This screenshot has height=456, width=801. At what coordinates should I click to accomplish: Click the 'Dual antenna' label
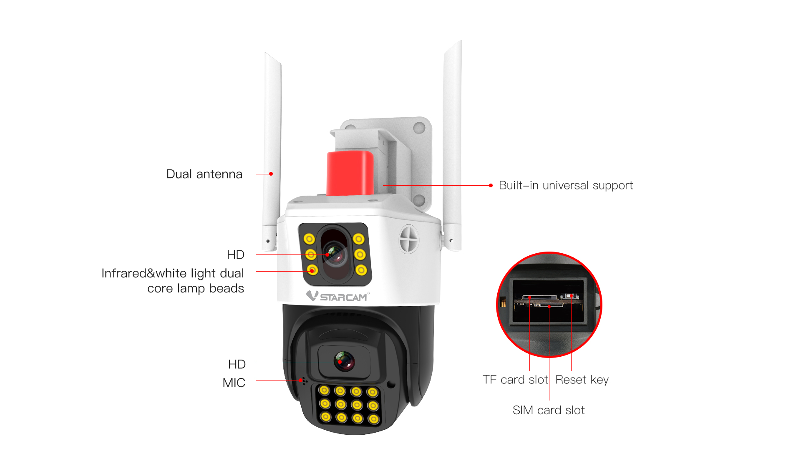click(204, 174)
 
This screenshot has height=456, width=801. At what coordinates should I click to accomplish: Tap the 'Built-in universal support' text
click(566, 185)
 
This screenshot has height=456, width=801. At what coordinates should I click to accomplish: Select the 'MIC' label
click(234, 383)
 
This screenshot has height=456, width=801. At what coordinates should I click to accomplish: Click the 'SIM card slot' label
click(549, 410)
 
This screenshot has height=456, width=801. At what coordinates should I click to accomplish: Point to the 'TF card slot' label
click(515, 380)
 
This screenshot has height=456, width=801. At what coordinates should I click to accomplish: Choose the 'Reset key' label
click(582, 380)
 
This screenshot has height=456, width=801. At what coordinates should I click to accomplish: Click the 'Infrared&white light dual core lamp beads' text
click(173, 281)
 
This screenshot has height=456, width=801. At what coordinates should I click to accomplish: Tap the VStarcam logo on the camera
click(338, 296)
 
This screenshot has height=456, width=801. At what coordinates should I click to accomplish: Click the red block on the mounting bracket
click(350, 173)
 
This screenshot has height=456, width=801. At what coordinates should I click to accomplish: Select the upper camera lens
click(335, 254)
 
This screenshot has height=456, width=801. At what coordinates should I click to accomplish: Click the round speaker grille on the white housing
click(409, 239)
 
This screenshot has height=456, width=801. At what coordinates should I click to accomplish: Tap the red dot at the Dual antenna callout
click(271, 174)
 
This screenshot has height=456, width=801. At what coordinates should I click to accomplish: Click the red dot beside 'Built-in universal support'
click(491, 185)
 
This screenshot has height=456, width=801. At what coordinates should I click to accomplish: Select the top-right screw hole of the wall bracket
click(419, 127)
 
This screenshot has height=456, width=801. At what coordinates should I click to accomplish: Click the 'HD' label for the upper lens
click(236, 254)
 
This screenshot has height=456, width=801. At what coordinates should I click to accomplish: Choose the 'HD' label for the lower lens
click(237, 364)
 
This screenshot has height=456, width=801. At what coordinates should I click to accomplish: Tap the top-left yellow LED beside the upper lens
click(309, 239)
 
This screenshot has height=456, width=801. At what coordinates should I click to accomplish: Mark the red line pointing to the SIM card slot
click(549, 353)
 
